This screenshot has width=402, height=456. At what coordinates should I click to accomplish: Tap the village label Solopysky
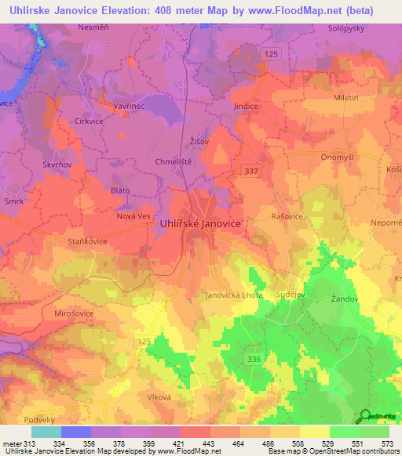349,27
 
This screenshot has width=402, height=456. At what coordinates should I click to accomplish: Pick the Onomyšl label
338,156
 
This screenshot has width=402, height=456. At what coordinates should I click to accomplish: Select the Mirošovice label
53,311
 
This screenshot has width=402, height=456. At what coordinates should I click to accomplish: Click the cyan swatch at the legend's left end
46,432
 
